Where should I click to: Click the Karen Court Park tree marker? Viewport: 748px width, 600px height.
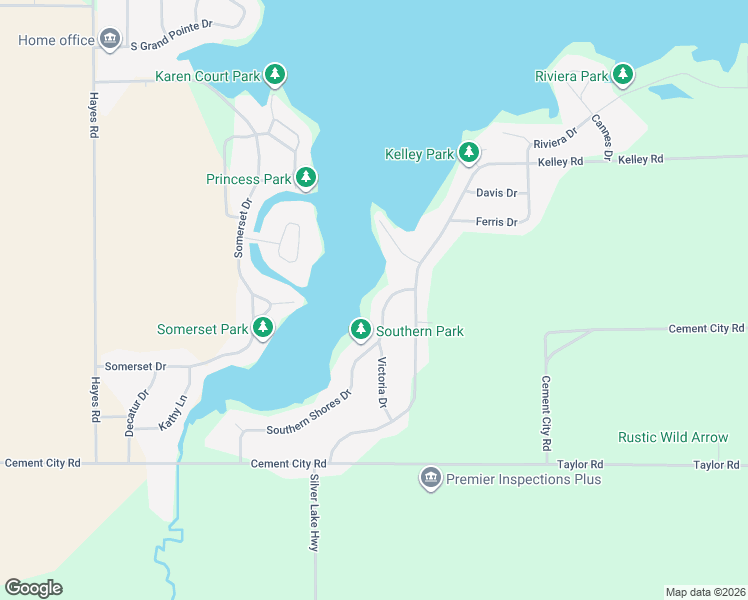coord(275,75)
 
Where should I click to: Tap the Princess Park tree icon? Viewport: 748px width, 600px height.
coord(306,179)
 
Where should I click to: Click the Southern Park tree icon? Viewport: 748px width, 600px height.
coord(360,329)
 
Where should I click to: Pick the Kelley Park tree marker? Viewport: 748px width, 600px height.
coord(469,153)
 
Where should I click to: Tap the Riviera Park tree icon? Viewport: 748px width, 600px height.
coord(623,75)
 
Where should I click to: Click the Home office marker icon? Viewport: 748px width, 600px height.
coord(110,40)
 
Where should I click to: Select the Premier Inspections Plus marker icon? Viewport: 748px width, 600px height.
coord(431,479)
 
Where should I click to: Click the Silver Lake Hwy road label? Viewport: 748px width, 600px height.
coord(314,513)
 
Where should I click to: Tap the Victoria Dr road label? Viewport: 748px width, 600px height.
coord(381,384)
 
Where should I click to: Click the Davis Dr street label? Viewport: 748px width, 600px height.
coord(496,193)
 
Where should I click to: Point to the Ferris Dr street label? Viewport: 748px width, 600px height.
coord(496,222)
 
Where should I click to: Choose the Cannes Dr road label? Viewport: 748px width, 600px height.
coord(601,137)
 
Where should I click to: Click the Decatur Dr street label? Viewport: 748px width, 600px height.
coord(143,409)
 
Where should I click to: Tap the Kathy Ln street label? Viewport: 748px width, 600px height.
coord(172,414)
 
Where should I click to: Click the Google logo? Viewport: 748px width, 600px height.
coord(33,588)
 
